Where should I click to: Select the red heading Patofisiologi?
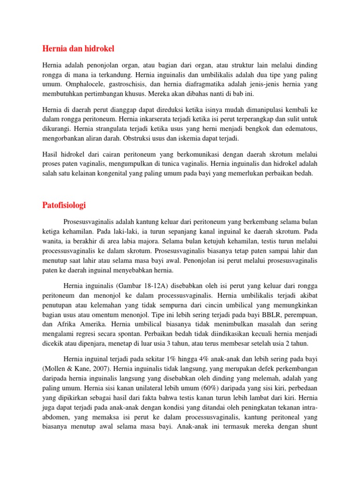(x=64, y=205)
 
